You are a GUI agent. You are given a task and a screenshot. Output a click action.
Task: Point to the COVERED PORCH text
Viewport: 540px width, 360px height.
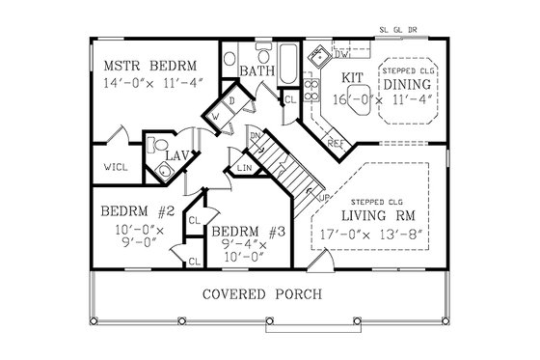pyautogui.click(x=261, y=292)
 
